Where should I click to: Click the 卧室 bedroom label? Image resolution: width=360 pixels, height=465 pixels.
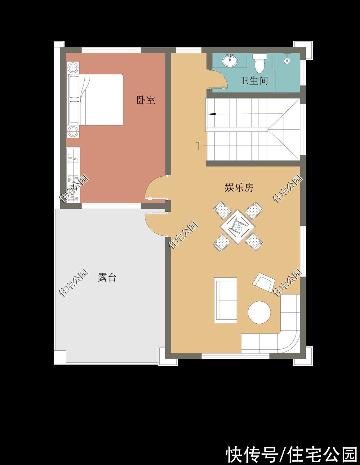[146, 100]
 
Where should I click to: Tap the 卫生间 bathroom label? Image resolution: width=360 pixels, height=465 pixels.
[254, 81]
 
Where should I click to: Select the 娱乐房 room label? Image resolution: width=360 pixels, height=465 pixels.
[239, 188]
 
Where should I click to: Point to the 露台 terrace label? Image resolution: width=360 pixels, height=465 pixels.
[107, 277]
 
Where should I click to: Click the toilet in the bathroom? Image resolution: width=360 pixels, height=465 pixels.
[260, 63]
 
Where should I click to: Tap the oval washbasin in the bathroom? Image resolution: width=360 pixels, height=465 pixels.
[230, 60]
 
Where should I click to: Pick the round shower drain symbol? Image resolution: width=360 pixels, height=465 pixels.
[287, 60]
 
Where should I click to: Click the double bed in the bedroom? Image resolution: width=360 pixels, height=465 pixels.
[96, 100]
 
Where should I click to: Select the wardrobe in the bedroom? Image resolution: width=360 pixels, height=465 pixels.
[73, 175]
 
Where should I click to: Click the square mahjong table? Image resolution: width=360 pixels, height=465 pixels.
[238, 227]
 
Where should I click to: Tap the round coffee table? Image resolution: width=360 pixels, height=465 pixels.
[259, 312]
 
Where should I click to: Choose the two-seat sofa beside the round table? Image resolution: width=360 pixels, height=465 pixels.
[226, 300]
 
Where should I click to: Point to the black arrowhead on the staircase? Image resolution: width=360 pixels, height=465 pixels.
[211, 114]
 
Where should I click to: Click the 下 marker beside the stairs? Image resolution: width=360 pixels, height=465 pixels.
[199, 146]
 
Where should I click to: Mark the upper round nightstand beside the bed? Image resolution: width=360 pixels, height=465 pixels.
[73, 68]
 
